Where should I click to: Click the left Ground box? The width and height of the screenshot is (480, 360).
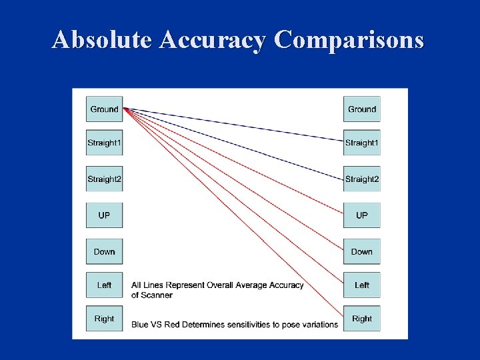point(104,109)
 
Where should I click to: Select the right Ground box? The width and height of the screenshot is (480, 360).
point(362,109)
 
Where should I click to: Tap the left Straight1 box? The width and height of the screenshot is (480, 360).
point(104,143)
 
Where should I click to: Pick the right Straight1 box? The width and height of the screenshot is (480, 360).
point(362,143)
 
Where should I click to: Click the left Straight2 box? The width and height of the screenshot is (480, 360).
point(104,179)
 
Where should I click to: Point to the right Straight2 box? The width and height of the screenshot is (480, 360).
point(362,179)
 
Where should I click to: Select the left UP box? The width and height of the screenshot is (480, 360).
point(104,215)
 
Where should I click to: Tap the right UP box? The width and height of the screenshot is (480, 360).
point(362,215)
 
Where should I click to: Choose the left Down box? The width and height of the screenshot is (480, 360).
point(104,251)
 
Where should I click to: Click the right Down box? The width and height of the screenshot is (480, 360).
point(362,251)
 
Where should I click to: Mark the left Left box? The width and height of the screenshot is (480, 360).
point(104,285)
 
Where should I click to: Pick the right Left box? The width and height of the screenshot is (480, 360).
point(362,285)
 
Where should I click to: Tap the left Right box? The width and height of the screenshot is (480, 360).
point(104,319)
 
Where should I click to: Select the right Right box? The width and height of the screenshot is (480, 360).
point(362,319)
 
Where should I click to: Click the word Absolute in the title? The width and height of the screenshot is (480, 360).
point(103,40)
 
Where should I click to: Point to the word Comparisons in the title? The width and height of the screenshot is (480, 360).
point(349,40)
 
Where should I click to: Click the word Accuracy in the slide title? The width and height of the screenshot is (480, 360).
point(213,40)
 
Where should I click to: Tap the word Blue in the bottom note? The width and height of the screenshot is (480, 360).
point(140,325)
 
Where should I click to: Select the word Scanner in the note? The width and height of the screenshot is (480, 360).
point(157,295)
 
